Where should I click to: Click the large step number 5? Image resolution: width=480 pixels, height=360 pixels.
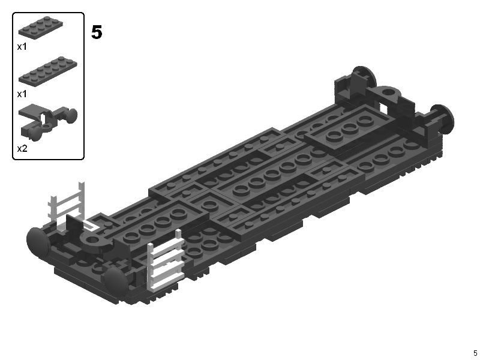pos(97,32)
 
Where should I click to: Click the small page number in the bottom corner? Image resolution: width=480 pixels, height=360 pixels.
pos(475,353)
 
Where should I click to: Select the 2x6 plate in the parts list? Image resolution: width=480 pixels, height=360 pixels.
pos(41,28)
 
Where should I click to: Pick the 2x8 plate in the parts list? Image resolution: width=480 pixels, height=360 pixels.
pos(48,71)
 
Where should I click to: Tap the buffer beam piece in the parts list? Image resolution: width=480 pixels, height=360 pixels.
pos(47,122)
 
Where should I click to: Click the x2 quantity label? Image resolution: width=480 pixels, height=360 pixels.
pos(22,148)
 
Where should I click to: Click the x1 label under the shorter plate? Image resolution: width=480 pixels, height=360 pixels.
pos(22,47)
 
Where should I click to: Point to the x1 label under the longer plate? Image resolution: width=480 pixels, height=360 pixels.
pos(22,94)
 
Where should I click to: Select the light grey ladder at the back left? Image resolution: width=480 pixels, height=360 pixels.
pos(67,202)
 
